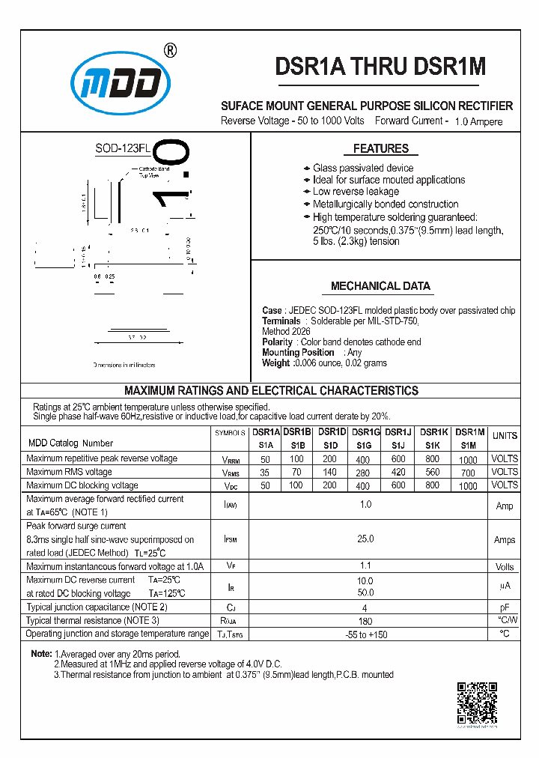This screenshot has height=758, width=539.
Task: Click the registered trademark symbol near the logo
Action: click(x=170, y=51)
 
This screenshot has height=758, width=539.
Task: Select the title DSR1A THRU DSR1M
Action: click(x=380, y=67)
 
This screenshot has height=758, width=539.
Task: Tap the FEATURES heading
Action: click(x=381, y=148)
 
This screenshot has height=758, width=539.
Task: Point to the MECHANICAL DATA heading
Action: click(x=380, y=286)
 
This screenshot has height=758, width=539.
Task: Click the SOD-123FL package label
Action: click(x=123, y=148)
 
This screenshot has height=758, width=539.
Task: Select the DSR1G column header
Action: click(x=366, y=432)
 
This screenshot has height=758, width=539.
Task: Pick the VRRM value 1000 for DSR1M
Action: click(x=468, y=459)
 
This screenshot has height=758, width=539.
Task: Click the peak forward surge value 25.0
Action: click(x=365, y=539)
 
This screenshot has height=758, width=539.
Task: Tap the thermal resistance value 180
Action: click(x=365, y=620)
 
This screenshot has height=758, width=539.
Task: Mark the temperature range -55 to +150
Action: click(x=365, y=634)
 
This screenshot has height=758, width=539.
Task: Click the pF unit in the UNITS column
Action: click(x=505, y=607)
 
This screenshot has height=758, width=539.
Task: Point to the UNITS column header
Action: click(x=505, y=436)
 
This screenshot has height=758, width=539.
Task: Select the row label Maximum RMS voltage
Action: click(x=69, y=472)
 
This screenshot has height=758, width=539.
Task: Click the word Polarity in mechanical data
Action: click(x=277, y=342)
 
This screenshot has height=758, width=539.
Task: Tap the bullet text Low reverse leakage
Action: click(x=356, y=192)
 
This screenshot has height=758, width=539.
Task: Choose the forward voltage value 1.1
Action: click(x=365, y=566)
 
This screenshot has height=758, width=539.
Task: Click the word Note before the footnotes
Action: click(x=40, y=654)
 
